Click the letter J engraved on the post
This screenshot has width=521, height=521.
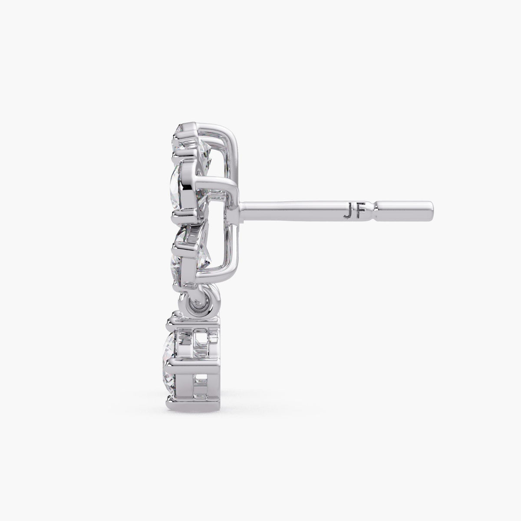348,214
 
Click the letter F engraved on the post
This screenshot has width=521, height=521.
360,214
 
